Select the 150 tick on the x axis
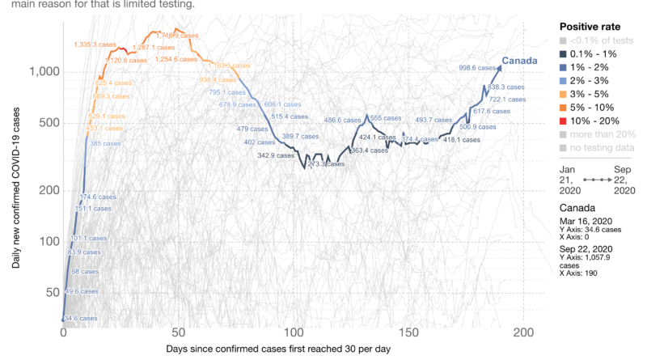[x=408, y=332]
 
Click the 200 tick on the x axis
[x=524, y=332]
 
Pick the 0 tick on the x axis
[x=63, y=332]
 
